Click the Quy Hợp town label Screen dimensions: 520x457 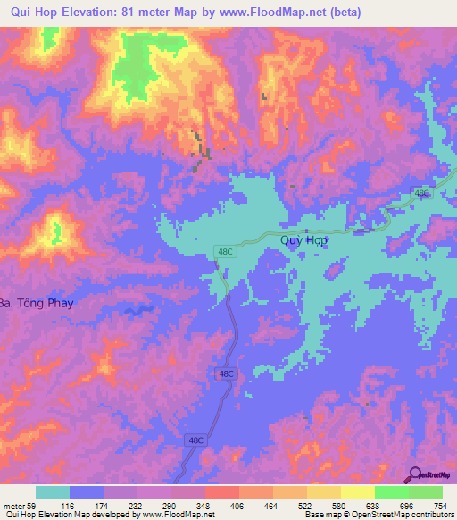pos(304,240)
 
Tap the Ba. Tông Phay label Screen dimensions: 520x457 pos(36,303)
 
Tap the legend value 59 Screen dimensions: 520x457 pos(36,506)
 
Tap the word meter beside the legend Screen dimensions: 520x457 pos(15,506)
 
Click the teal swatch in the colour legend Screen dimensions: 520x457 pos(53,492)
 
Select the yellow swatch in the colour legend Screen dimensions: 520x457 pos(357,492)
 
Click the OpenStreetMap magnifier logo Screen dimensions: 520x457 pos(416,474)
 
